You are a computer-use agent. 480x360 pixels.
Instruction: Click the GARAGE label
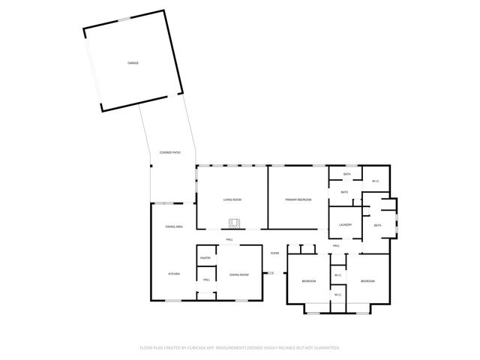133,63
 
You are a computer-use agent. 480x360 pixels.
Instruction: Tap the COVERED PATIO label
170,152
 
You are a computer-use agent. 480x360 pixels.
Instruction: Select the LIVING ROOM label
232,199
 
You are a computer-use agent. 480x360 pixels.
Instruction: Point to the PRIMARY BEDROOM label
298,199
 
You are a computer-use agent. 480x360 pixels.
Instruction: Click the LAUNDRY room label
345,225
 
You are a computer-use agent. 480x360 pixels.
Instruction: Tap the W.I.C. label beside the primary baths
375,181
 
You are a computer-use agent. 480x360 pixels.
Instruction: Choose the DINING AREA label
174,226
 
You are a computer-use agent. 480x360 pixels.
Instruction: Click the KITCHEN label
173,274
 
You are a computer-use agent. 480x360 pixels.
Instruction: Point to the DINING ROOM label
238,274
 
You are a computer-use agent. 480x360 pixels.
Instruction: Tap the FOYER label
274,253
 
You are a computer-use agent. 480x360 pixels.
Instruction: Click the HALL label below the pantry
206,280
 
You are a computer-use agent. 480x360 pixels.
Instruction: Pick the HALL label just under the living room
229,240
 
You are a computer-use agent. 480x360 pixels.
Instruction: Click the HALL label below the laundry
337,246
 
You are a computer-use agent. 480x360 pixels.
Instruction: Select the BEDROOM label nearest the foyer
308,280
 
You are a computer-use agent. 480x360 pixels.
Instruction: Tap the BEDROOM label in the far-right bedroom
367,280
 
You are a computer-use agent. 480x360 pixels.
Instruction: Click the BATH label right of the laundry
377,225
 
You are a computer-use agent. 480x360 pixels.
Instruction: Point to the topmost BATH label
346,175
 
